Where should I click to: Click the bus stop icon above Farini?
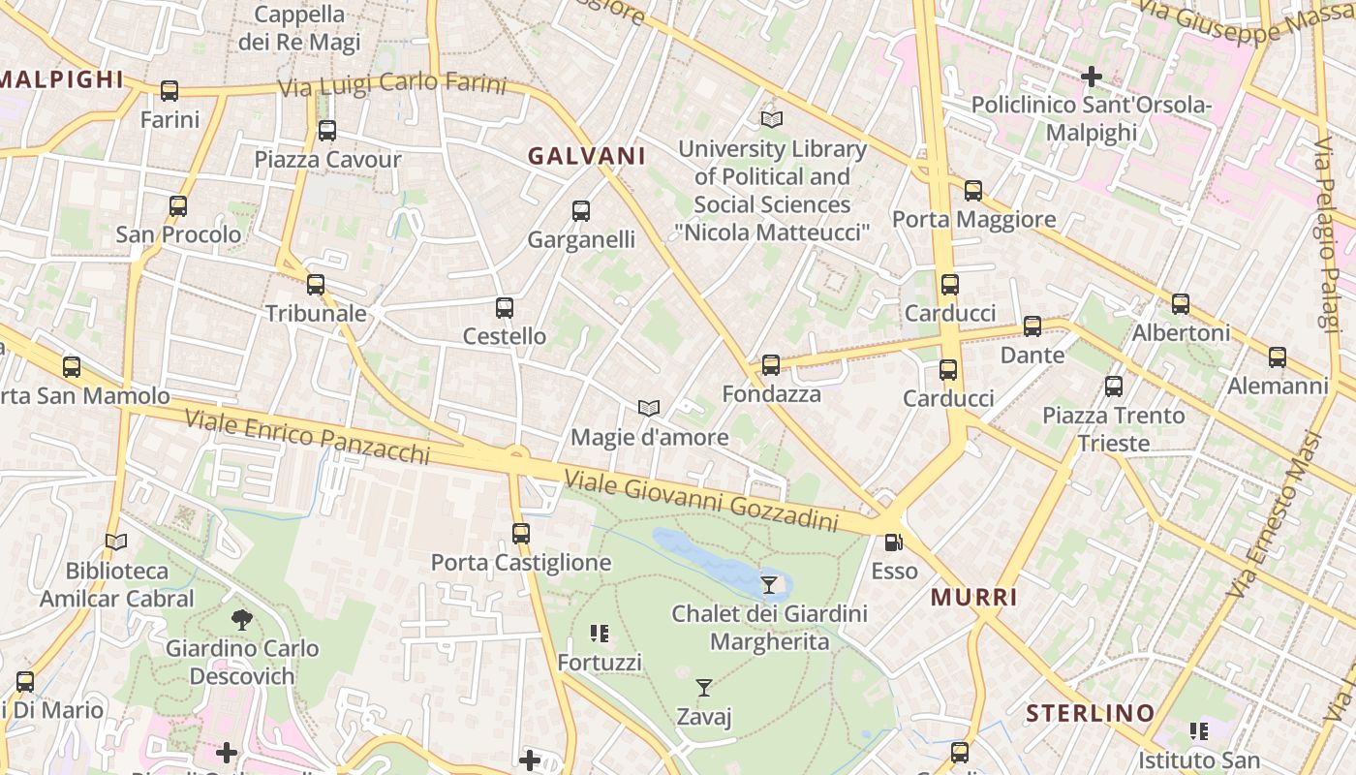point(169,91)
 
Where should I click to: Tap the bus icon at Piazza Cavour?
point(327,130)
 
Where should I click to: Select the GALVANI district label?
point(586,156)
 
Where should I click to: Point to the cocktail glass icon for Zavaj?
point(704,688)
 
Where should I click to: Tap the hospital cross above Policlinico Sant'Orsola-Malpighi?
point(1092,76)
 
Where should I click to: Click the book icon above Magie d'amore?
point(649,409)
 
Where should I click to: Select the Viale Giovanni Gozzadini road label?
point(700,500)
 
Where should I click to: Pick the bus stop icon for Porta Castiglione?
point(521,533)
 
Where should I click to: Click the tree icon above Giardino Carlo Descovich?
point(242,619)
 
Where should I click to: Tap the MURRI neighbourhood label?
point(973,598)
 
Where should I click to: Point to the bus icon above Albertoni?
point(1181,304)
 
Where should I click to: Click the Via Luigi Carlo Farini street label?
point(391,84)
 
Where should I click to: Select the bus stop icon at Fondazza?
point(771,365)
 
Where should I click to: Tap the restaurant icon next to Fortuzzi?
point(600,634)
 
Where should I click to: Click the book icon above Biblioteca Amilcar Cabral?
point(116,542)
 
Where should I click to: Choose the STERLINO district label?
point(1090,714)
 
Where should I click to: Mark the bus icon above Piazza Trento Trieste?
point(1114,387)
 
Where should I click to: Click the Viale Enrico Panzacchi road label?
point(306,436)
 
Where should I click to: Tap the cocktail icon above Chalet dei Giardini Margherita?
point(769,585)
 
